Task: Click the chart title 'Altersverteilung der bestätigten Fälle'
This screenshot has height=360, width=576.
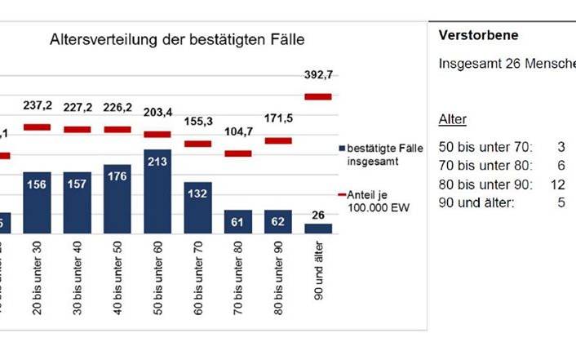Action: [x=179, y=39]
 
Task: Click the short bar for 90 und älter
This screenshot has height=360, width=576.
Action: [x=318, y=229]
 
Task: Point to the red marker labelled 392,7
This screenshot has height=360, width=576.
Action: [x=318, y=96]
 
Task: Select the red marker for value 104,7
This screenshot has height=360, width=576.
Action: [x=237, y=153]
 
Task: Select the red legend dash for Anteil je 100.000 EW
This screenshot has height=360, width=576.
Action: [x=340, y=194]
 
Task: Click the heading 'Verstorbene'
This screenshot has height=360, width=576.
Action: [x=477, y=35]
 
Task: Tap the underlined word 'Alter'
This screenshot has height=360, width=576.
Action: [x=453, y=120]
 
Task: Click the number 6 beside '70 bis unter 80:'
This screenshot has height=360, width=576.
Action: [x=561, y=165]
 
